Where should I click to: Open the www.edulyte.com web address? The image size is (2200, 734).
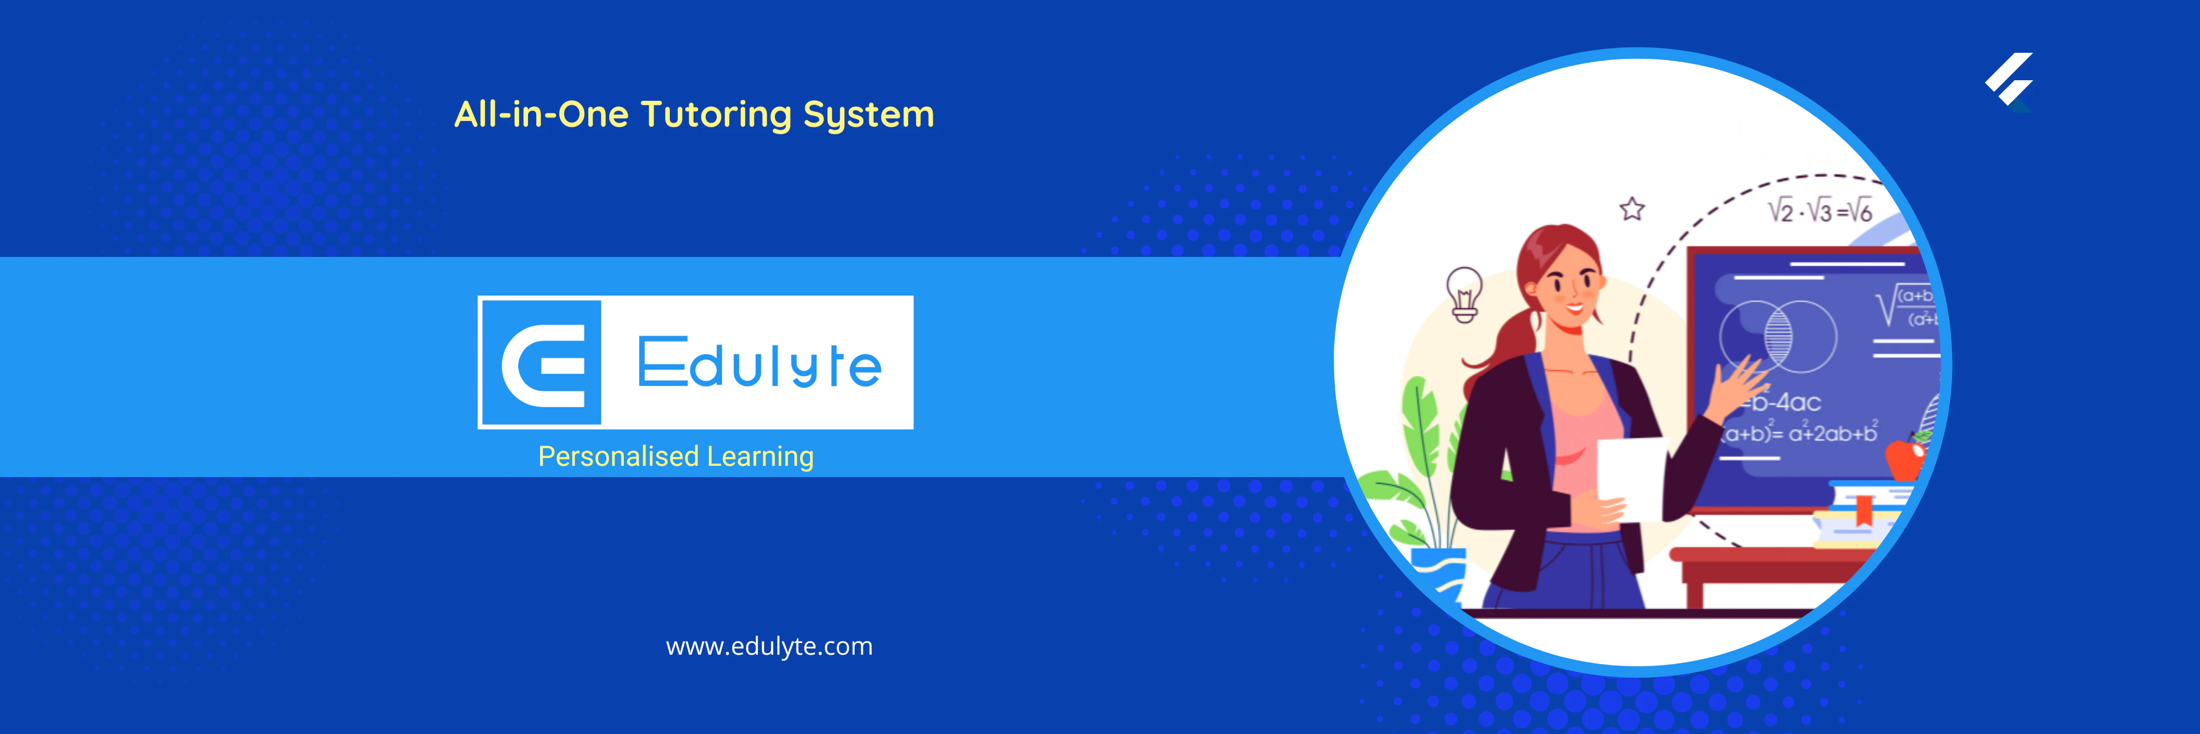coord(769,646)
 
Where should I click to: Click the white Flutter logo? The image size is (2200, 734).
coord(2009,79)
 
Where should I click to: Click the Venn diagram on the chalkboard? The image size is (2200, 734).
coord(1778,335)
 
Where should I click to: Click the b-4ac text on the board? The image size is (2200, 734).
coord(1787,402)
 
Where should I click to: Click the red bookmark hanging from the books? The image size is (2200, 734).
coord(1864,513)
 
